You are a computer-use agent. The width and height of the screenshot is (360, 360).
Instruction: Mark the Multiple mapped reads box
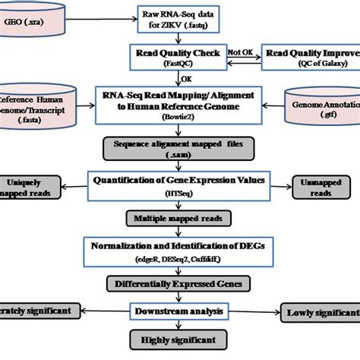(x=180, y=219)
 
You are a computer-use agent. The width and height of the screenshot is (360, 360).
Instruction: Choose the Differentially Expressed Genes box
(x=180, y=284)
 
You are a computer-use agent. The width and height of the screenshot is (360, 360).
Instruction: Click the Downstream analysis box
(x=180, y=311)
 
